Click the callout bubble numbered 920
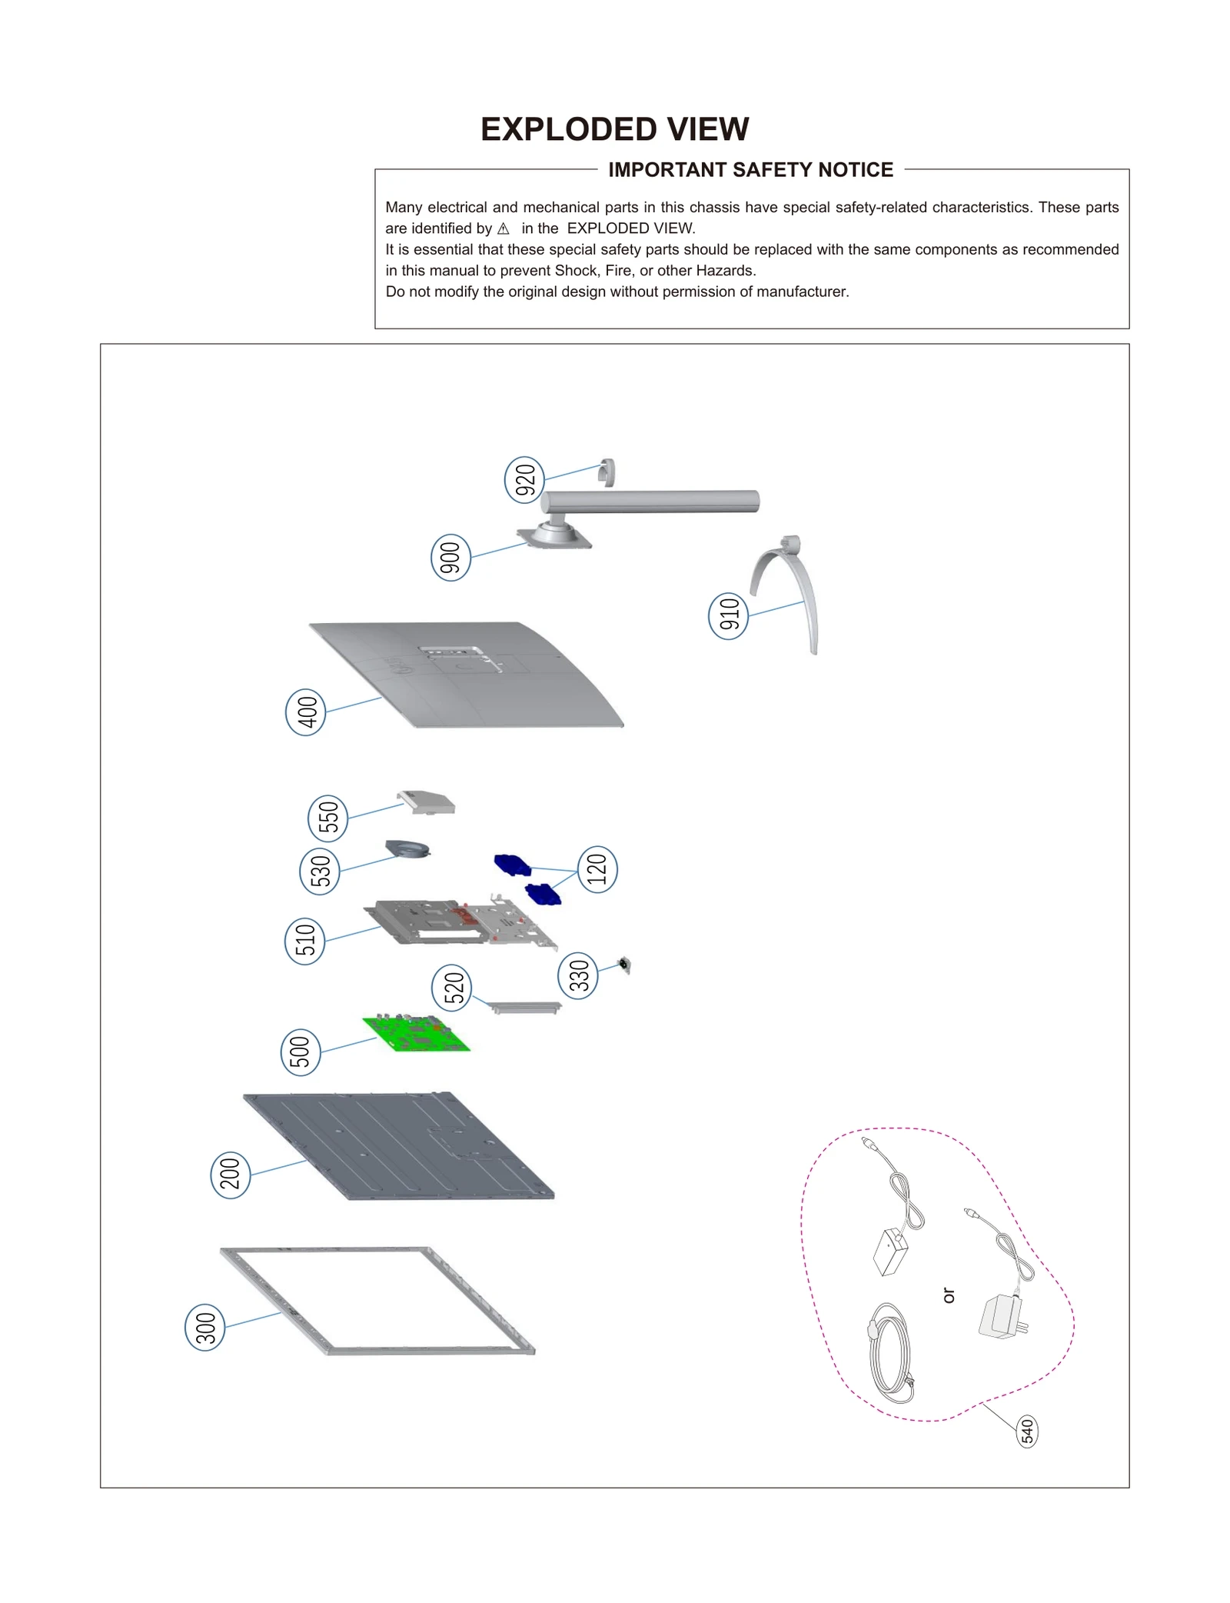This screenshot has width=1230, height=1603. pyautogui.click(x=524, y=480)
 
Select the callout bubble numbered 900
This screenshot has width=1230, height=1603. pyautogui.click(x=450, y=558)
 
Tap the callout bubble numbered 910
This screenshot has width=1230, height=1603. pyautogui.click(x=728, y=615)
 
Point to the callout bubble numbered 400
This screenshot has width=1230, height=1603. pyautogui.click(x=306, y=712)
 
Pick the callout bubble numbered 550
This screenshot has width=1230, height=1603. pyautogui.click(x=327, y=818)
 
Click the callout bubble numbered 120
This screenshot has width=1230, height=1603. pyautogui.click(x=597, y=869)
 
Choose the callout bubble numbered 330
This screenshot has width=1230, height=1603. pyautogui.click(x=578, y=976)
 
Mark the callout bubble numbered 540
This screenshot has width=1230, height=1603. pyautogui.click(x=1027, y=1431)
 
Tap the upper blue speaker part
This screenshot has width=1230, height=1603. pyautogui.click(x=512, y=865)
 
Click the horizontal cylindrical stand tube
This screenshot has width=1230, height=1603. pyautogui.click(x=653, y=502)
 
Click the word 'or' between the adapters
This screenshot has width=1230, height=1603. pyautogui.click(x=949, y=1296)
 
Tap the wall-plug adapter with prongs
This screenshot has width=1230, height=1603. pyautogui.click(x=1001, y=1317)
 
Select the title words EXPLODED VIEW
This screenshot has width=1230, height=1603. pyautogui.click(x=614, y=129)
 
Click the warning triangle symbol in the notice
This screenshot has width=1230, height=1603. pyautogui.click(x=504, y=229)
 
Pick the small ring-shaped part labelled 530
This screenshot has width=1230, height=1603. pyautogui.click(x=407, y=849)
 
